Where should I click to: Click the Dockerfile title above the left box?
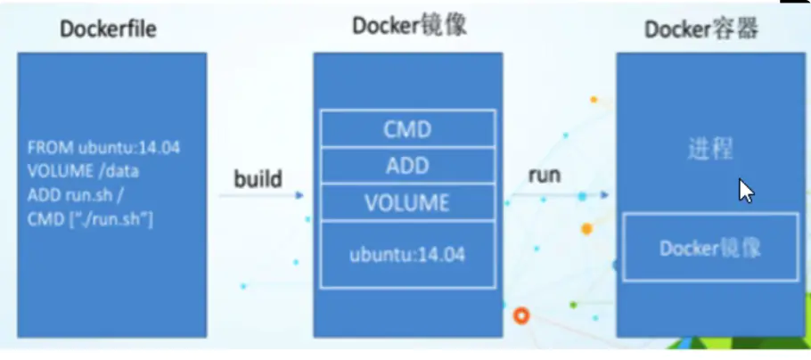point(109,29)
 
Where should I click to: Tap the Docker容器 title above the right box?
point(701,29)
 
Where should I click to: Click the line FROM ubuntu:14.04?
point(103,148)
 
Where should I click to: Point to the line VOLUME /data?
point(84,171)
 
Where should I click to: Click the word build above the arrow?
point(258,179)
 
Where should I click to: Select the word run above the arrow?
point(545,176)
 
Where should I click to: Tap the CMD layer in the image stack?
point(406,129)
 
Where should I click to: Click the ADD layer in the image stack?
point(406,166)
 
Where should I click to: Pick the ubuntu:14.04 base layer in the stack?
point(406,254)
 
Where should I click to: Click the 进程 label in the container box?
point(710,149)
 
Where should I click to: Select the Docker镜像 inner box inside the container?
point(710,248)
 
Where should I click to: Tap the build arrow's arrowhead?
point(300,195)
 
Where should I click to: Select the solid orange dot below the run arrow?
point(586,229)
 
